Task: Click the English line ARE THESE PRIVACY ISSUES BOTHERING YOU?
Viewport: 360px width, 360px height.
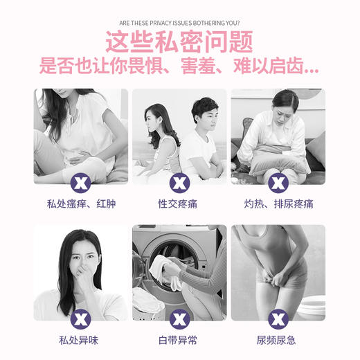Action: tap(179, 21)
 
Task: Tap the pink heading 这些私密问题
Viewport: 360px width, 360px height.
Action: tap(179, 42)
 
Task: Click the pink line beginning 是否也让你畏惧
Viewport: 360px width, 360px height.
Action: tap(179, 68)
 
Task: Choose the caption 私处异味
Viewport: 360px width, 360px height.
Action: tap(81, 340)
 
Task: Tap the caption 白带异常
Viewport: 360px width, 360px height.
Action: tap(179, 340)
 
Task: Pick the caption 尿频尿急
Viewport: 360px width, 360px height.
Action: tap(278, 340)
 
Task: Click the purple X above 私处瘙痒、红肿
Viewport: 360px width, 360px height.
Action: tap(81, 183)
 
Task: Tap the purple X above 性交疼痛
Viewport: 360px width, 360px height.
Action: tap(180, 183)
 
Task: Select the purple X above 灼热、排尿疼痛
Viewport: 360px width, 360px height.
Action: tap(278, 183)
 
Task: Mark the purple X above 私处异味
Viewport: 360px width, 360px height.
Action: tap(81, 318)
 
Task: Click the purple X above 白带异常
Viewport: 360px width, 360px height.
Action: tap(180, 318)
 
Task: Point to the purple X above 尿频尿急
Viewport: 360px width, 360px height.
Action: tap(278, 318)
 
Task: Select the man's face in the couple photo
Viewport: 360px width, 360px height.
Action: tap(204, 114)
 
